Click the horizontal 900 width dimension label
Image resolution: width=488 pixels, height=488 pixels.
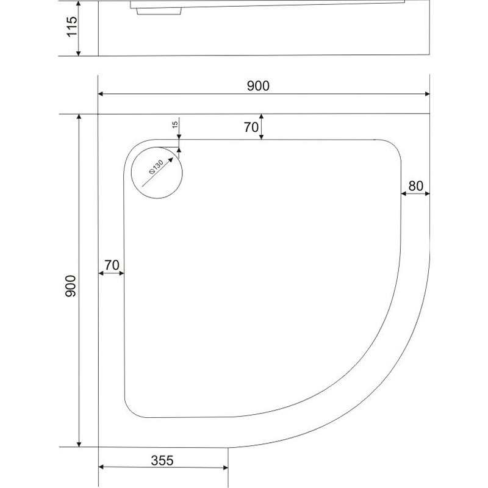(258, 86)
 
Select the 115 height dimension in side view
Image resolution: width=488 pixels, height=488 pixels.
(72, 27)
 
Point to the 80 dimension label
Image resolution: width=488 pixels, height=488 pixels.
(416, 186)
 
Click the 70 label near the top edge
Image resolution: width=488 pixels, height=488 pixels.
(251, 127)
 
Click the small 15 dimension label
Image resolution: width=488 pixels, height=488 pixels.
(175, 126)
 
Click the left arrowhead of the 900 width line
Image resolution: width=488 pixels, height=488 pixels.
(101, 94)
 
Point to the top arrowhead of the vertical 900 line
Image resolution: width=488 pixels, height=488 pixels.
(79, 118)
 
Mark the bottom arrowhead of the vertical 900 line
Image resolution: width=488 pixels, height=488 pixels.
(79, 443)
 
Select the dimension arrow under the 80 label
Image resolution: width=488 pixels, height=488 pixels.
(415, 194)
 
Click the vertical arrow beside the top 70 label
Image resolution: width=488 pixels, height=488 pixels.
(261, 127)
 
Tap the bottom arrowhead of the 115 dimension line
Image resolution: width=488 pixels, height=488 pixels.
(79, 52)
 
